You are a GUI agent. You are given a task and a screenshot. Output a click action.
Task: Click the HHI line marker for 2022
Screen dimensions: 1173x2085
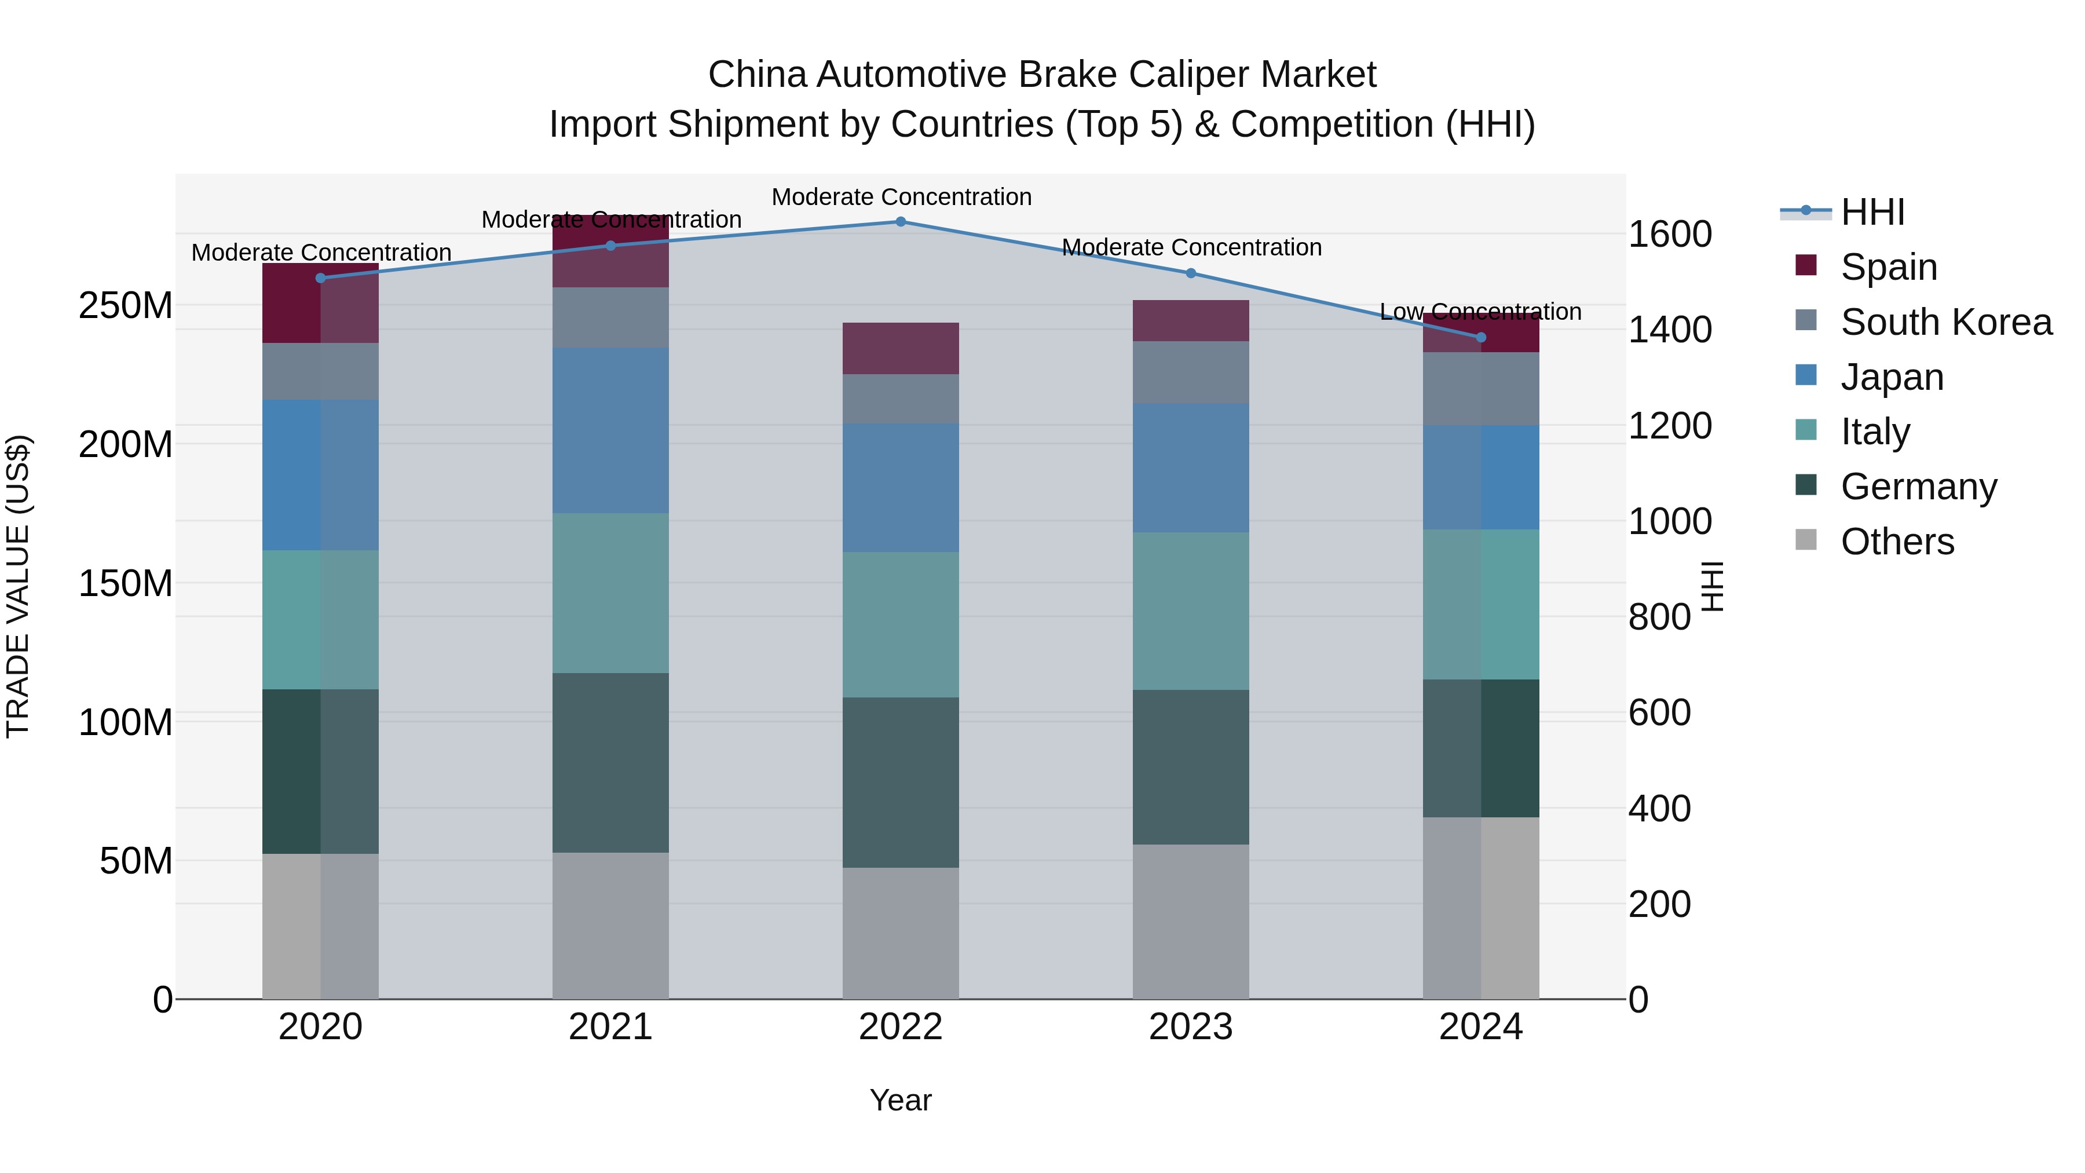pyautogui.click(x=901, y=222)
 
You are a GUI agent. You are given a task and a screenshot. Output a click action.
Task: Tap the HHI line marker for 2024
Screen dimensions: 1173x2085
pyautogui.click(x=1481, y=337)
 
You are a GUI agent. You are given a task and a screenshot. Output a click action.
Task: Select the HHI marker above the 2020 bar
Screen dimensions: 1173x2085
pyautogui.click(x=320, y=277)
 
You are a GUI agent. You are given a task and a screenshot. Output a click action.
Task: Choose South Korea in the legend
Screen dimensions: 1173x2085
pyautogui.click(x=1946, y=322)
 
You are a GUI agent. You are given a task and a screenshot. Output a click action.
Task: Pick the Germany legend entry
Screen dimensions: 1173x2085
pyautogui.click(x=1918, y=487)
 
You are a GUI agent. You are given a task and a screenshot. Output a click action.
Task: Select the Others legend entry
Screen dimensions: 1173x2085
pyautogui.click(x=1897, y=542)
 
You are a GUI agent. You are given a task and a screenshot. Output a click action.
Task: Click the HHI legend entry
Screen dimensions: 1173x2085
pyautogui.click(x=1872, y=212)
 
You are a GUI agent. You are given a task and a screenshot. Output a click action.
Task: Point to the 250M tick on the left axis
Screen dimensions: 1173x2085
pyautogui.click(x=126, y=306)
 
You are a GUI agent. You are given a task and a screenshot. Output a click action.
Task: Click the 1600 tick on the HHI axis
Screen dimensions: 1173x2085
pyautogui.click(x=1669, y=234)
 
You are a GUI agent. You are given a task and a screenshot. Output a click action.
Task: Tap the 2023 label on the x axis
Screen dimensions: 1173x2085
pyautogui.click(x=1191, y=1027)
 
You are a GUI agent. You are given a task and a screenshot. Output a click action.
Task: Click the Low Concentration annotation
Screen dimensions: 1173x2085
pyautogui.click(x=1480, y=312)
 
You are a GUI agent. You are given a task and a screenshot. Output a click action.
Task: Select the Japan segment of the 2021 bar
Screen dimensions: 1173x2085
pyautogui.click(x=610, y=430)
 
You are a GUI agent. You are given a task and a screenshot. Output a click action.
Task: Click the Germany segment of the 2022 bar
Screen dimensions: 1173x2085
pyautogui.click(x=901, y=782)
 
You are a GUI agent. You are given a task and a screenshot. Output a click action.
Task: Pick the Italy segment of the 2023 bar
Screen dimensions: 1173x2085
pyautogui.click(x=1191, y=611)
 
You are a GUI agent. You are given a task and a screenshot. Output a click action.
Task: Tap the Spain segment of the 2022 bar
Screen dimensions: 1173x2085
pyautogui.click(x=901, y=348)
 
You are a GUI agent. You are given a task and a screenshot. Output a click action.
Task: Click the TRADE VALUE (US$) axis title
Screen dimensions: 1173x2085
pyautogui.click(x=18, y=586)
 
